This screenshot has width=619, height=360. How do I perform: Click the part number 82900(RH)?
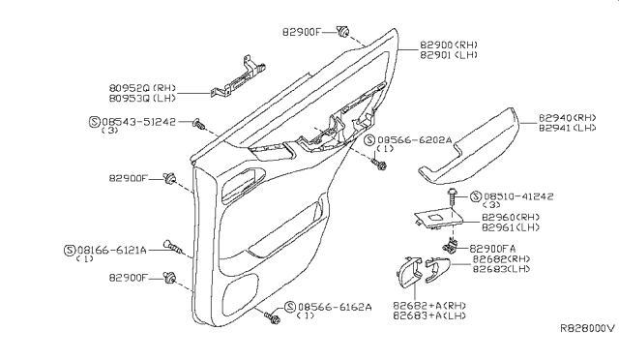pos(449,45)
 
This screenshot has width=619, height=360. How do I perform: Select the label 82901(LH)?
pos(449,55)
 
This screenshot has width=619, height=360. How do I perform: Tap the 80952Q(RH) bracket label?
pos(142,88)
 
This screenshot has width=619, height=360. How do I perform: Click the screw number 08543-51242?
pos(138,122)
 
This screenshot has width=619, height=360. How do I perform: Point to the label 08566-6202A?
pos(415,140)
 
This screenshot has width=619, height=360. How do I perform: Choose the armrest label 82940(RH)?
pos(568,118)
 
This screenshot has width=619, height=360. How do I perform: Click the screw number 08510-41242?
pos(518,196)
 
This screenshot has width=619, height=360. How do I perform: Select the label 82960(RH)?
pos(511,218)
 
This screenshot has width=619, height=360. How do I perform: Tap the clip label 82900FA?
pos(492,249)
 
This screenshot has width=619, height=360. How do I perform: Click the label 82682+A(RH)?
pos(429,306)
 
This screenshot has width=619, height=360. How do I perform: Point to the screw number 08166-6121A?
pos(112,250)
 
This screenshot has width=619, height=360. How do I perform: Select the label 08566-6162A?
pos(335,307)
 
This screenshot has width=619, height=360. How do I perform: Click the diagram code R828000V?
pos(587,328)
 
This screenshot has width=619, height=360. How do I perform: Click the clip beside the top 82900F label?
pos(343,31)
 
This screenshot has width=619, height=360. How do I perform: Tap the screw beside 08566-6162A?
pos(272,317)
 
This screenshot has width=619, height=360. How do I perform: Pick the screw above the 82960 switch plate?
pos(452,196)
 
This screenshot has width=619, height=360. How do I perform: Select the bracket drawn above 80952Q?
pos(238,77)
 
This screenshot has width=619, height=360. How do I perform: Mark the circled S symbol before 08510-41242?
pos(476,196)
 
